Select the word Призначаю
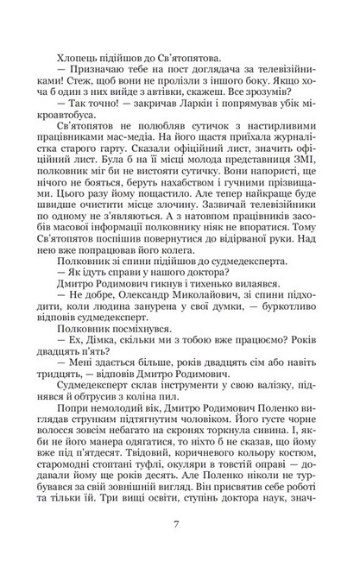pyautogui.click(x=92, y=76)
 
